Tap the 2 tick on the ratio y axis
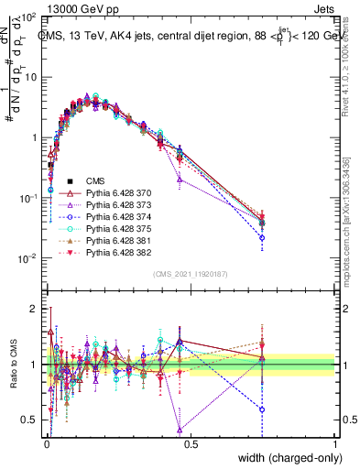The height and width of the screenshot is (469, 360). [x=34, y=309]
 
